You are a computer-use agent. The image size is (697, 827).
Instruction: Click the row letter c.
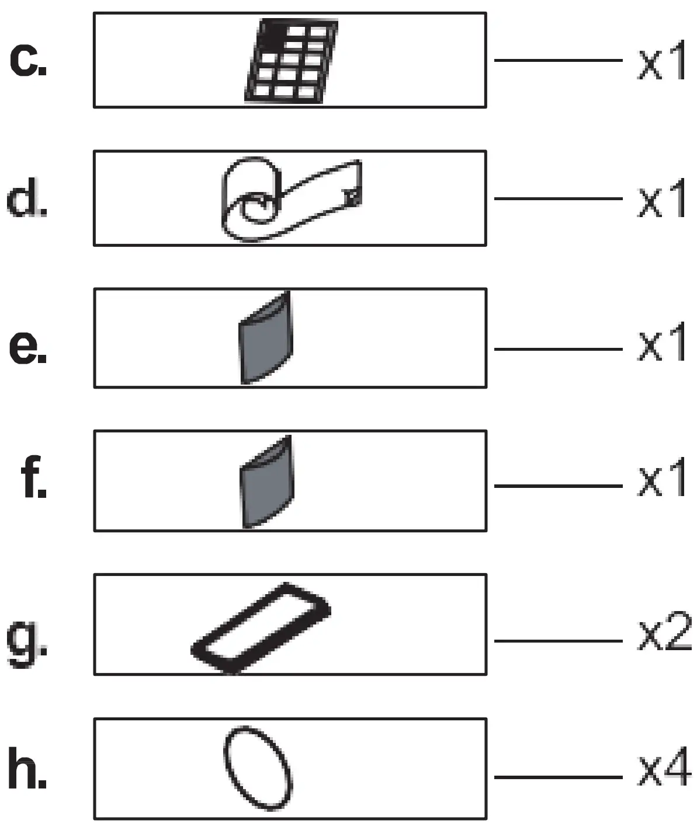[x=28, y=60]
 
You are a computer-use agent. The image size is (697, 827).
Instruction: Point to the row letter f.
[x=34, y=481]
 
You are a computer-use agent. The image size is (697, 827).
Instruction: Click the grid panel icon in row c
[x=291, y=61]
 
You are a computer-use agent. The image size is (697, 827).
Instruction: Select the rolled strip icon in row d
[x=290, y=198]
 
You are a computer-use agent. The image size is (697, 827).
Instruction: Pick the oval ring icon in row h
[x=258, y=768]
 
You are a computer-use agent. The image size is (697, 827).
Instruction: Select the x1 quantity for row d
[x=661, y=201]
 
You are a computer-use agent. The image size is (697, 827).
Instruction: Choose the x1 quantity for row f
[x=661, y=482]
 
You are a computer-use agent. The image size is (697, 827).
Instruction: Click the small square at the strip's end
[x=352, y=196]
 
